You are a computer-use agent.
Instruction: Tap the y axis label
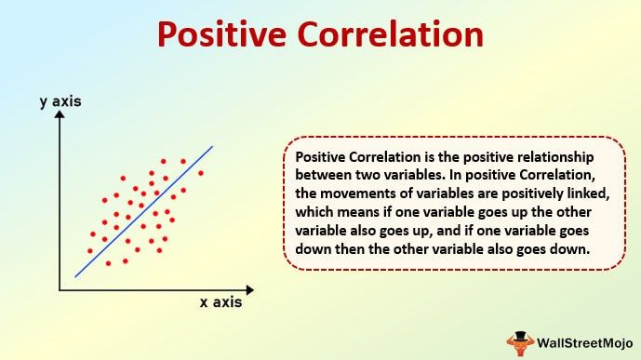tap(60, 101)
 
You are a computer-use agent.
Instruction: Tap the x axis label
tap(221, 302)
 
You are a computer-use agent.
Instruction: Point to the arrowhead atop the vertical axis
tap(60, 116)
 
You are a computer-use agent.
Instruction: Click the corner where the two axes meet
tap(60, 290)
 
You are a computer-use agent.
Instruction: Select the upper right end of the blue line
tap(213, 146)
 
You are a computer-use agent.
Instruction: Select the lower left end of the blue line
tap(75, 276)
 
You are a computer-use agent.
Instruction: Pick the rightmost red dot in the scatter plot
tap(201, 173)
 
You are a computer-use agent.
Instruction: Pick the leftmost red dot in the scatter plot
tap(89, 251)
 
